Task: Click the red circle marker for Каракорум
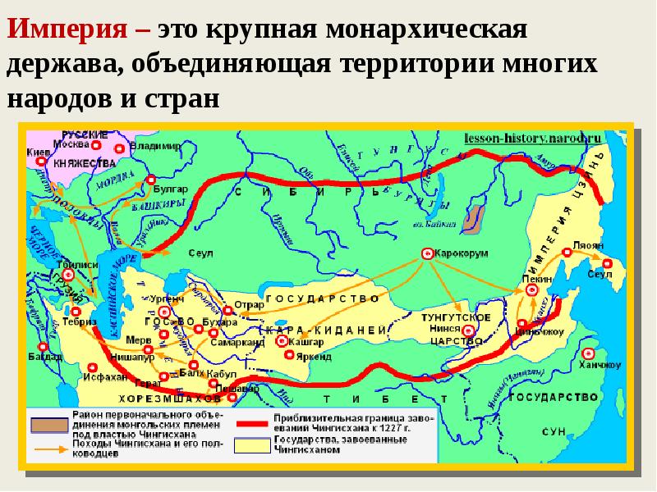[x=427, y=254]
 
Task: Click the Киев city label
[x=39, y=153]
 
